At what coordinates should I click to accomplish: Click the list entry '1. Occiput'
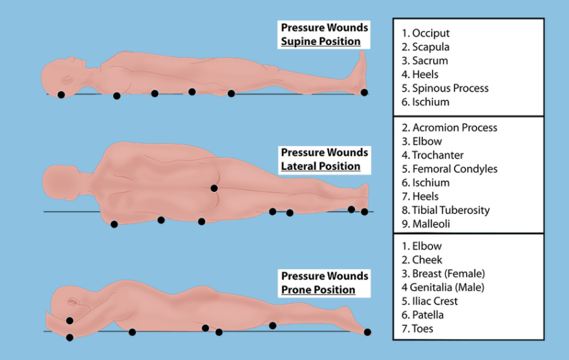coord(425,33)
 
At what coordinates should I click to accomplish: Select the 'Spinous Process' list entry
coord(445,88)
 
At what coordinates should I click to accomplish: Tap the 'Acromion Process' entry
coord(449,128)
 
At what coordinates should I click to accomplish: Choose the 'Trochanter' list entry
coord(432,155)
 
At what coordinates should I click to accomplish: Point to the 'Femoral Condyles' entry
coord(449,169)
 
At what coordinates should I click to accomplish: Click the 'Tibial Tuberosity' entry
coord(446,210)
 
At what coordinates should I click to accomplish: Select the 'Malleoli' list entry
coord(426,224)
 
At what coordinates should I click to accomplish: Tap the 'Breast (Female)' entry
coord(443,274)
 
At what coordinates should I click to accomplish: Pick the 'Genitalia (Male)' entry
coord(442,288)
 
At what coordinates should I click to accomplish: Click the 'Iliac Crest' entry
coord(430,301)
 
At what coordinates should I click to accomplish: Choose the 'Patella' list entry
coord(422,315)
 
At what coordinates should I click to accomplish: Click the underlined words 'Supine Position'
coord(321,41)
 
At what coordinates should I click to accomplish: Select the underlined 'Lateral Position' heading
coord(321,166)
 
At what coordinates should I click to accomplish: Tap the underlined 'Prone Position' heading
coord(318,290)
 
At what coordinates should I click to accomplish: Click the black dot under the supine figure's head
coord(61,95)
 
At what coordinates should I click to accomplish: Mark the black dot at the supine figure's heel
coord(364,92)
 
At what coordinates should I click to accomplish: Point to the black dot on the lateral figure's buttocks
coord(214,188)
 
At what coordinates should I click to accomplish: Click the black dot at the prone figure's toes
coord(368,332)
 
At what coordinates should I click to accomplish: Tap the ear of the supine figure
coord(68,80)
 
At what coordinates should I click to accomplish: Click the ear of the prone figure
coord(73,302)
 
